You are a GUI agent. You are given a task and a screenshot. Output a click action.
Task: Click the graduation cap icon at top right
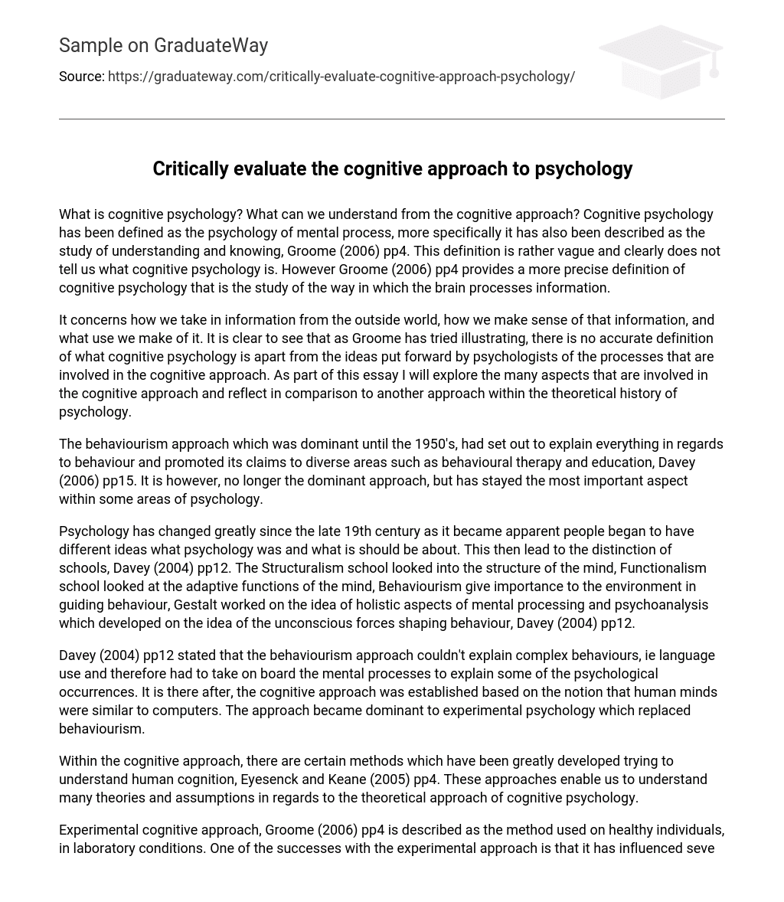(x=661, y=61)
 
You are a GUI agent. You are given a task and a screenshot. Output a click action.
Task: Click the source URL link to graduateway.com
(x=341, y=77)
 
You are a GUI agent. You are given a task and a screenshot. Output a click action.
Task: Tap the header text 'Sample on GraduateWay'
(x=163, y=46)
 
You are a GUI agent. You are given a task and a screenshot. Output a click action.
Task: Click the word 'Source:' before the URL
(x=81, y=77)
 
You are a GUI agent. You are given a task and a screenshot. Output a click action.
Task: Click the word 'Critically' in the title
(x=190, y=168)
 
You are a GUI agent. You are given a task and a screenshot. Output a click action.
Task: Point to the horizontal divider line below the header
(x=392, y=119)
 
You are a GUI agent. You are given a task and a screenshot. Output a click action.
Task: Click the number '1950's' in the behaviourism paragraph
(x=435, y=444)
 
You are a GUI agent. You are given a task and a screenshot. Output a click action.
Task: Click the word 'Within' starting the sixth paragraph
(x=78, y=761)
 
